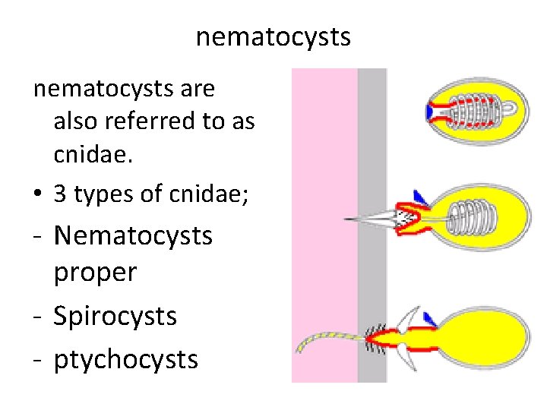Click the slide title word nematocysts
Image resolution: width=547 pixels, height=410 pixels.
click(x=273, y=36)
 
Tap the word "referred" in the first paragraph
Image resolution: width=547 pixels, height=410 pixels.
click(x=168, y=121)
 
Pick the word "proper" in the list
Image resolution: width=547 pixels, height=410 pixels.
click(x=95, y=273)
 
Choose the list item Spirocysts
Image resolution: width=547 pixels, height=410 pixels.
click(x=115, y=316)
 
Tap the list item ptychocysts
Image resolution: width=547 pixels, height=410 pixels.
click(x=125, y=359)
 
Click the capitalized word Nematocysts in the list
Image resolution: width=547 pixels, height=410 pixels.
click(x=134, y=235)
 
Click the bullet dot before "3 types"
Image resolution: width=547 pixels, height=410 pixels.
click(x=37, y=195)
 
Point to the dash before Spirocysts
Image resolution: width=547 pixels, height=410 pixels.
click(x=37, y=317)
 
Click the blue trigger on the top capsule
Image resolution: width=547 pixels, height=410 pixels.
click(x=430, y=112)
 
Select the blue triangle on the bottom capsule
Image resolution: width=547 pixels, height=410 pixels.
click(x=429, y=317)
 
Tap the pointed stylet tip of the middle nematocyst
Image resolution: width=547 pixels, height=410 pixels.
click(x=351, y=219)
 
